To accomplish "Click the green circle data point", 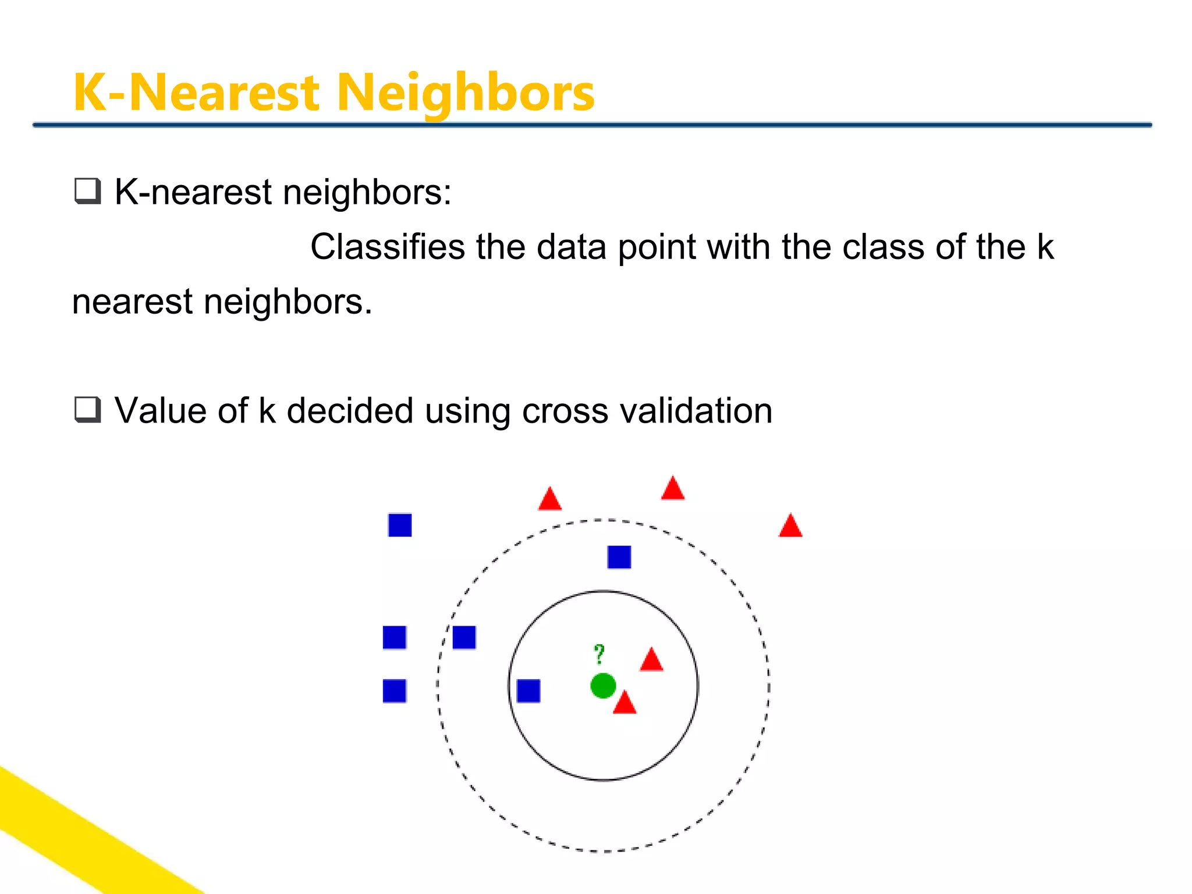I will (x=603, y=686).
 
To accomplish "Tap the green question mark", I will (x=599, y=655).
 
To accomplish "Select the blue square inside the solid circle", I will (x=528, y=691).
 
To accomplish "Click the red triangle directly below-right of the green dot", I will (x=625, y=704).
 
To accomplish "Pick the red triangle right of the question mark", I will (x=651, y=661).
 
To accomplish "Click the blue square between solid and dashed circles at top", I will (x=619, y=557).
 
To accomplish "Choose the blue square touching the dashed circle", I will (x=464, y=637).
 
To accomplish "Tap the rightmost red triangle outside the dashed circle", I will (x=790, y=526).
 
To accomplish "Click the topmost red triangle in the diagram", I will (x=673, y=489).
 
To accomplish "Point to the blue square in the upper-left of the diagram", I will (x=400, y=525).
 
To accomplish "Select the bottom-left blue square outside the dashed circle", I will (x=395, y=691).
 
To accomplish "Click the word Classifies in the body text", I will (x=387, y=247).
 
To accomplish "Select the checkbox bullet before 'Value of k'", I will (x=87, y=410).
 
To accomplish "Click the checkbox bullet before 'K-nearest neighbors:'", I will (x=87, y=191).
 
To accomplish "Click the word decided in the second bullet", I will (x=350, y=411).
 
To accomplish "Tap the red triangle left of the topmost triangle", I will (x=550, y=500).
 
